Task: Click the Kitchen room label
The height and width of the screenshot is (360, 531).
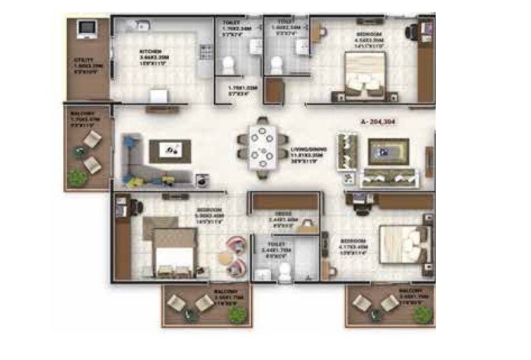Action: [150, 51]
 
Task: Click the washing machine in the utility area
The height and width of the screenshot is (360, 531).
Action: [86, 29]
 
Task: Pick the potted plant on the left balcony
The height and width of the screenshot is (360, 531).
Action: [78, 177]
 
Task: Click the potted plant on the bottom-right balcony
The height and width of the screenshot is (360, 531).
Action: [423, 314]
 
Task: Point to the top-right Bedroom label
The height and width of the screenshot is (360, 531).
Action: [368, 34]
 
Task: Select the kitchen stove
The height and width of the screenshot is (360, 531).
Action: [205, 52]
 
